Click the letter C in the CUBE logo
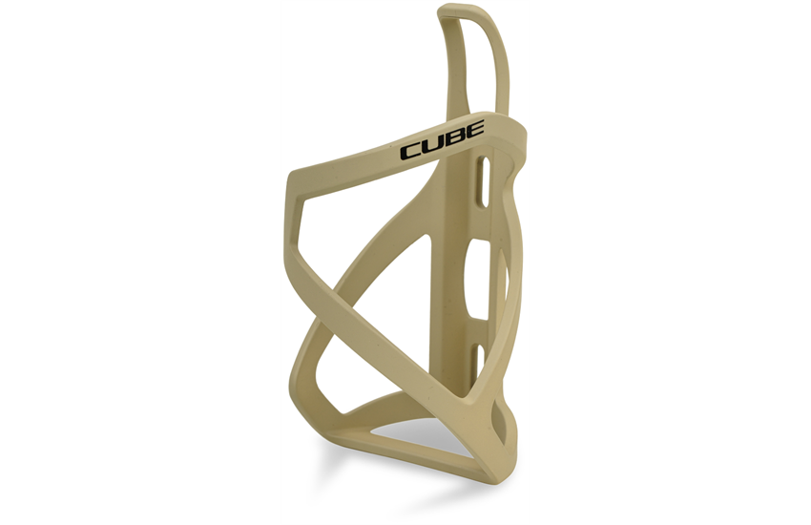pyautogui.click(x=412, y=152)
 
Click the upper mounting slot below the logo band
pyautogui.click(x=483, y=182)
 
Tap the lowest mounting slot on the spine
pyautogui.click(x=479, y=361)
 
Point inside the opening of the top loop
pyautogui.click(x=473, y=62)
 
